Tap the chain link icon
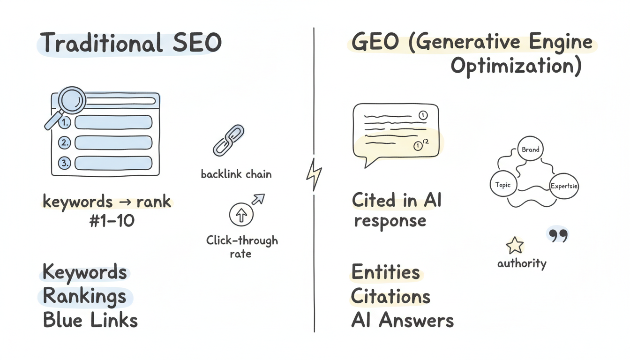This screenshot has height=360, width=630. (229, 140)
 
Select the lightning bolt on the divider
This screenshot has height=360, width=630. (314, 174)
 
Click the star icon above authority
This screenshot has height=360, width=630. (514, 246)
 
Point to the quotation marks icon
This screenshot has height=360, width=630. (558, 235)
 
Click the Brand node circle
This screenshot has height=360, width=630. (531, 150)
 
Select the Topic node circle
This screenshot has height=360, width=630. (503, 185)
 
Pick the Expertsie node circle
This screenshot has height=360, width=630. (564, 186)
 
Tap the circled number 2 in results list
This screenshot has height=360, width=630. (65, 142)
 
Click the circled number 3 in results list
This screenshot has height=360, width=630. (65, 163)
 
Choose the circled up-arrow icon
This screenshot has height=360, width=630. (241, 215)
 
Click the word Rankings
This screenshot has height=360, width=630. (84, 296)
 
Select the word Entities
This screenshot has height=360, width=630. (385, 272)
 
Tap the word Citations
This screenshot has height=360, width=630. (390, 296)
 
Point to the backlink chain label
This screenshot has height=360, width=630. (236, 174)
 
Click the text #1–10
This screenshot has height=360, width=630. (112, 220)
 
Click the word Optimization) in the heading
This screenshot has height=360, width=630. (516, 67)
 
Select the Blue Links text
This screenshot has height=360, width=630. (90, 320)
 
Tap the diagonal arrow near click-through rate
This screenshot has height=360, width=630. (258, 199)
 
